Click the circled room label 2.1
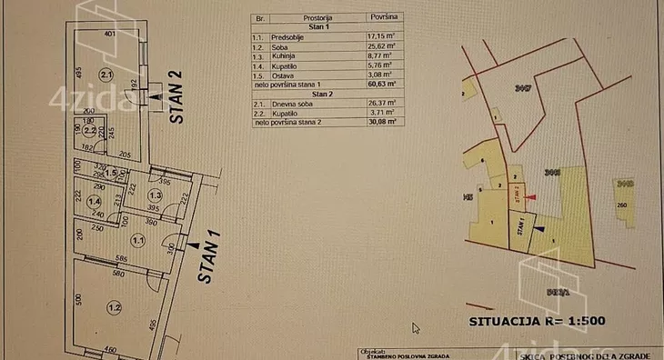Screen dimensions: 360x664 coord(106,75)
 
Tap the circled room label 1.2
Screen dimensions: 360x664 coord(113,306)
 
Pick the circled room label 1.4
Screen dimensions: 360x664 coord(92,199)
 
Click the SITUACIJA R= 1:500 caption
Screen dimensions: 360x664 coord(536,320)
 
